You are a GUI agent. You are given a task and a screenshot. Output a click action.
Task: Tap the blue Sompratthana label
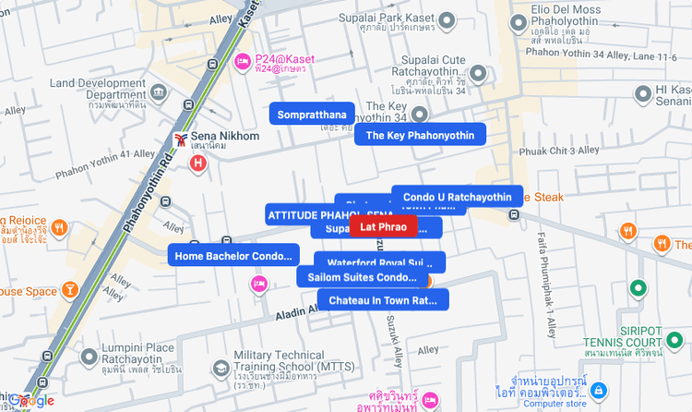tap(312, 115)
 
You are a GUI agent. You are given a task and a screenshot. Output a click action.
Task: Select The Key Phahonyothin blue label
tap(420, 135)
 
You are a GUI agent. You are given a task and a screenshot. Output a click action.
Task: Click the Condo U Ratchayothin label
tap(457, 197)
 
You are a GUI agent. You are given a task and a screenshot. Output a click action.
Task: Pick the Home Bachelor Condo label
tap(233, 256)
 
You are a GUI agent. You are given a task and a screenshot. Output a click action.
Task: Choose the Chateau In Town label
tap(383, 300)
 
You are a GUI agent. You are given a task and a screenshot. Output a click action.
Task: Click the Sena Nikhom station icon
tap(182, 140)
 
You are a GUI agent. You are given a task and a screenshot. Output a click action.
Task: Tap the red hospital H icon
tap(197, 164)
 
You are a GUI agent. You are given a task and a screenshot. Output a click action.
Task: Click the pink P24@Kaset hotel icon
tap(243, 62)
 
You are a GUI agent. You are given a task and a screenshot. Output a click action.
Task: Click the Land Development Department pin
tap(159, 93)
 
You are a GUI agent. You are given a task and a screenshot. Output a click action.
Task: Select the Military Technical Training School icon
tap(221, 369)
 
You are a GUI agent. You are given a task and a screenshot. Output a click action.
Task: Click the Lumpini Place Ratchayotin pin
tap(89, 356)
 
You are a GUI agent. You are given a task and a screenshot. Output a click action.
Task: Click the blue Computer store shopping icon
tap(599, 391)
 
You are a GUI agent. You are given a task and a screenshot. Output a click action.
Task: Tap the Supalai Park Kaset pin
tap(447, 19)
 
